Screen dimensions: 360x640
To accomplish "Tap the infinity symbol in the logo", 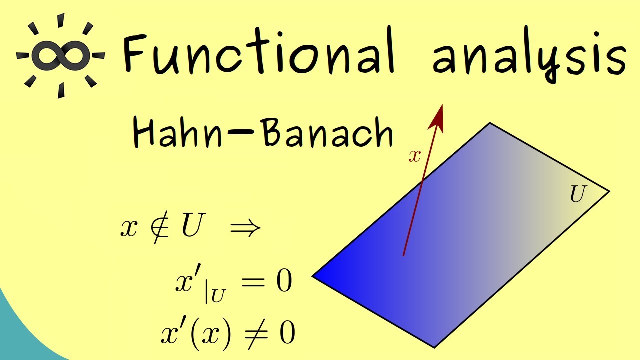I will click(60, 55).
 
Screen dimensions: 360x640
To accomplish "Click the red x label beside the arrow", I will click(414, 156).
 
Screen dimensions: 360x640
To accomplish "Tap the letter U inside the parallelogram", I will click(577, 195).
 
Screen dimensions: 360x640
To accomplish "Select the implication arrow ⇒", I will click(245, 228).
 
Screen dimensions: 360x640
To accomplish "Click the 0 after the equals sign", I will click(283, 282).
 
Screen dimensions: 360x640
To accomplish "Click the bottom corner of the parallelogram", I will click(434, 345).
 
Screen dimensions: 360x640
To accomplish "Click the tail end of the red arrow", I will click(403, 255).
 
